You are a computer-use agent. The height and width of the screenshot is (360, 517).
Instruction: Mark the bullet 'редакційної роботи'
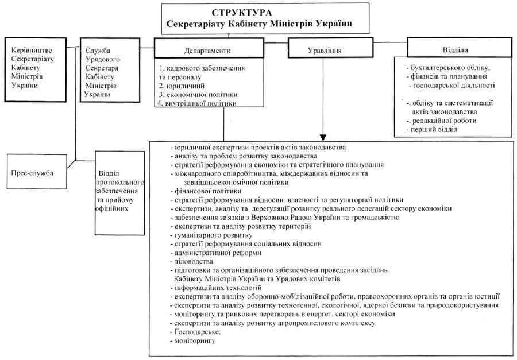pos(441,121)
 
